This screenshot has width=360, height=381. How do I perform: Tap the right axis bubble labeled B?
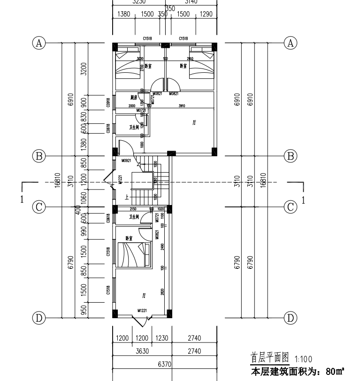tap(291, 155)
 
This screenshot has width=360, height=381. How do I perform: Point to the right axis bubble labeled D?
tap(291, 318)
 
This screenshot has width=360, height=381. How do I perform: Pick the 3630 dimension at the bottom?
tap(141, 351)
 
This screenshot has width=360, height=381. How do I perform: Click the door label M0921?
tap(126, 161)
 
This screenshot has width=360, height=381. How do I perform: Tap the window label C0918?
tap(108, 102)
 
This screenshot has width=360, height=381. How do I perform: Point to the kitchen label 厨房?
tap(133, 98)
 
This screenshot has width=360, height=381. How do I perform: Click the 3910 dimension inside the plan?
tap(182, 106)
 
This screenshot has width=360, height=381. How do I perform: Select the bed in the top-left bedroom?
tap(130, 67)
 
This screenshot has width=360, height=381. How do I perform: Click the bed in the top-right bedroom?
tap(201, 67)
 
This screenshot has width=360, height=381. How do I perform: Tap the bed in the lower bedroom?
tap(134, 255)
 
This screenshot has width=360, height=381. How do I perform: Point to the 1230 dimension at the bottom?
tap(160, 338)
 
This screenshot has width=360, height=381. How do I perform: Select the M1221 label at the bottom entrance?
tap(143, 311)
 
